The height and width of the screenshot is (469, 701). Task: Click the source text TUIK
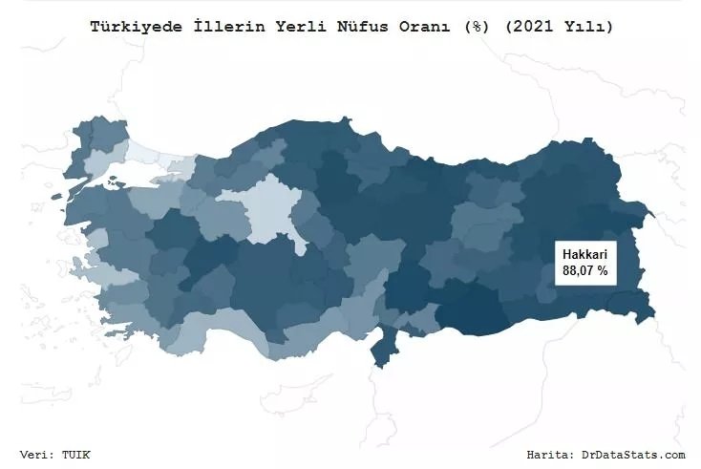(77, 455)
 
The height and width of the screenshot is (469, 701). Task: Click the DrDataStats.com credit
(634, 455)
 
